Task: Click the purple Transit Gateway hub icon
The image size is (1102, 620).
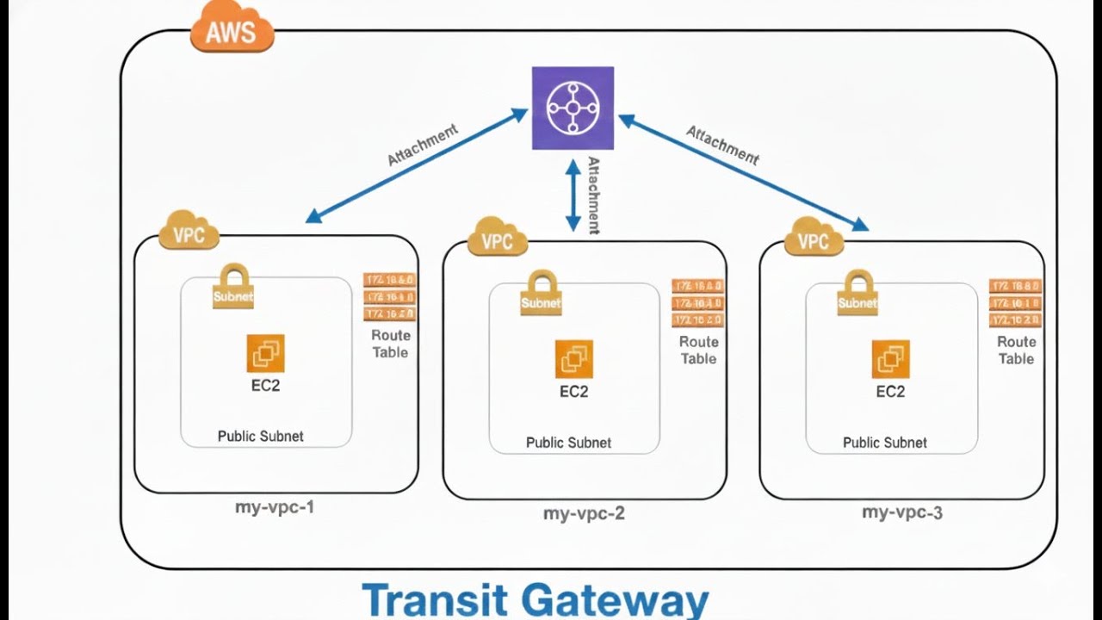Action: click(x=573, y=108)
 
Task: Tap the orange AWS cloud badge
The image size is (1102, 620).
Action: click(x=231, y=32)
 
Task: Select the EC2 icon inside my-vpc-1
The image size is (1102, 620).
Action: click(x=265, y=353)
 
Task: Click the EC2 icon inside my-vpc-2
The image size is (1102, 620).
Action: click(x=573, y=359)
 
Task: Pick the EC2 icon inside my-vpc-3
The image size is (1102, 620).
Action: click(x=890, y=359)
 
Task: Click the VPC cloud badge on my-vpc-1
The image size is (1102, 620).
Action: click(x=189, y=232)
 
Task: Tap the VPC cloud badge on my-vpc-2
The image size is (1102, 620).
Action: click(x=497, y=239)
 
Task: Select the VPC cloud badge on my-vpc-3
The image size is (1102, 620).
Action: click(x=814, y=239)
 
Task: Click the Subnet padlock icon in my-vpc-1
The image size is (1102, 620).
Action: click(x=233, y=287)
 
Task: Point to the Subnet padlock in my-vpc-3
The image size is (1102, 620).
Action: click(x=857, y=293)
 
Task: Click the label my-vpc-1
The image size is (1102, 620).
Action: click(x=275, y=507)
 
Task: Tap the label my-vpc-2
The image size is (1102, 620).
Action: click(x=584, y=514)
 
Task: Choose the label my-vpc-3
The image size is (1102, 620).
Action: click(x=901, y=513)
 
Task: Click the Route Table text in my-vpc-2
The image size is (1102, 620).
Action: click(x=698, y=350)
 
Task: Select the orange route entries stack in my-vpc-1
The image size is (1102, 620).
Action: click(x=390, y=297)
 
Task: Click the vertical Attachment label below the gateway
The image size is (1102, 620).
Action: click(x=593, y=195)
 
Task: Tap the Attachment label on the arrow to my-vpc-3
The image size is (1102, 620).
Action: click(x=722, y=145)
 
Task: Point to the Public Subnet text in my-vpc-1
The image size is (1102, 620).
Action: click(x=260, y=436)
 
